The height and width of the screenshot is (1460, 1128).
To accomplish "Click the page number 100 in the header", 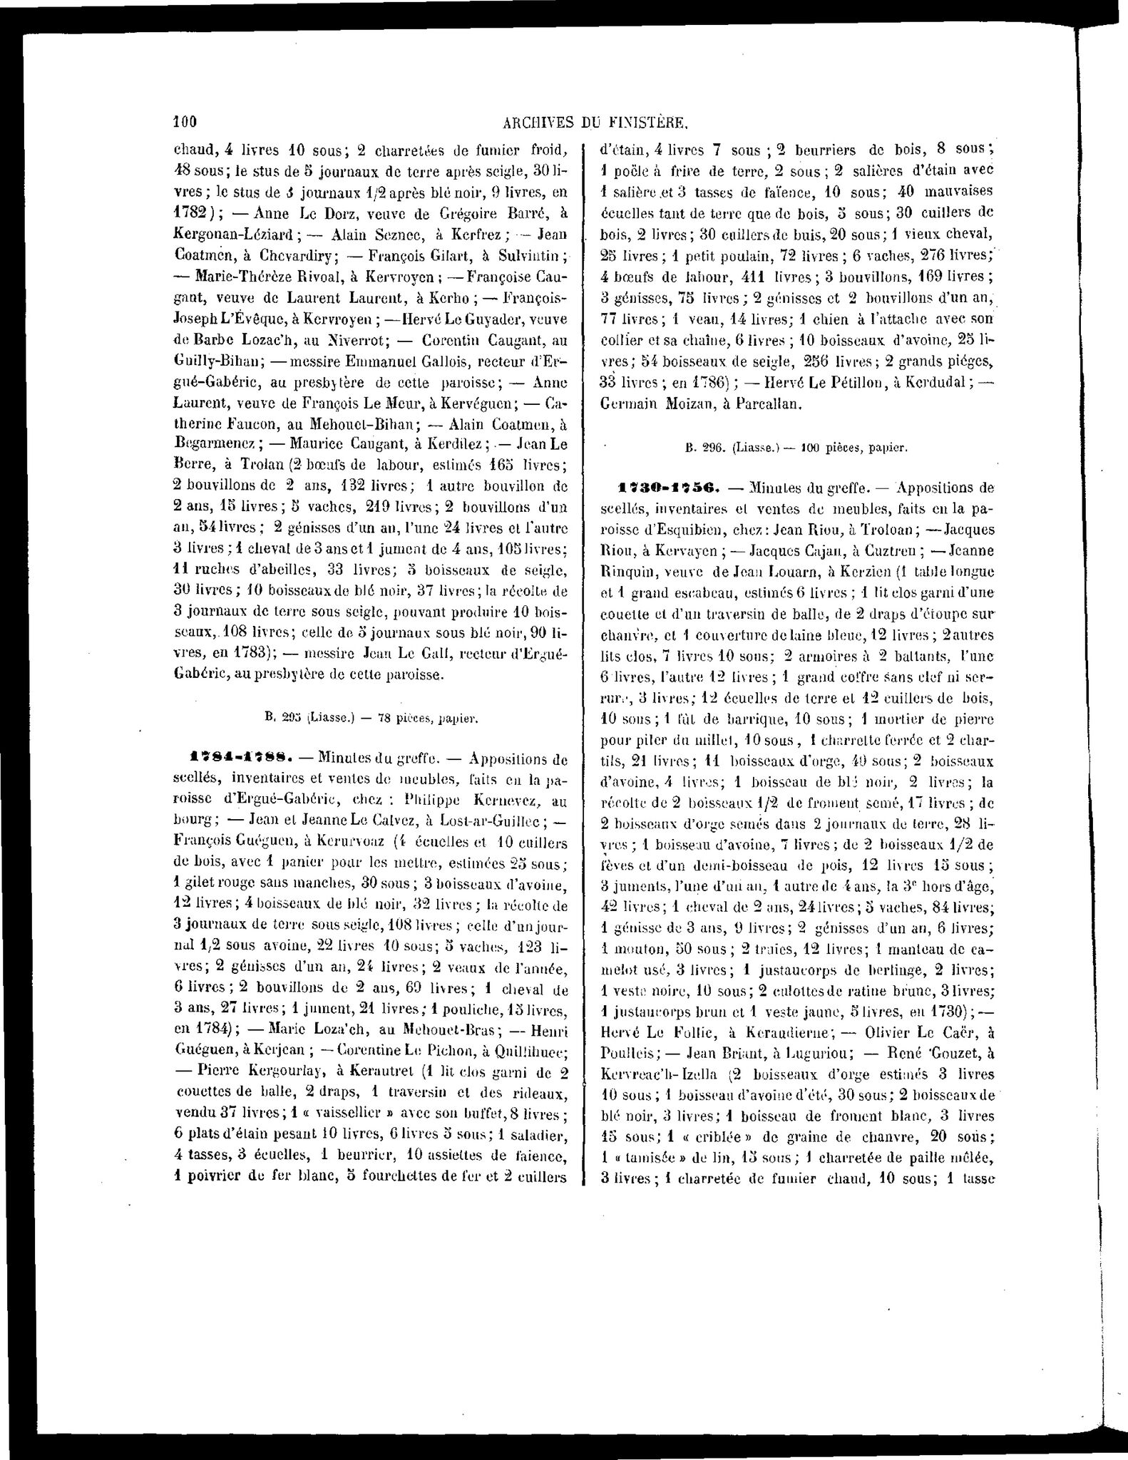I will [185, 122].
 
